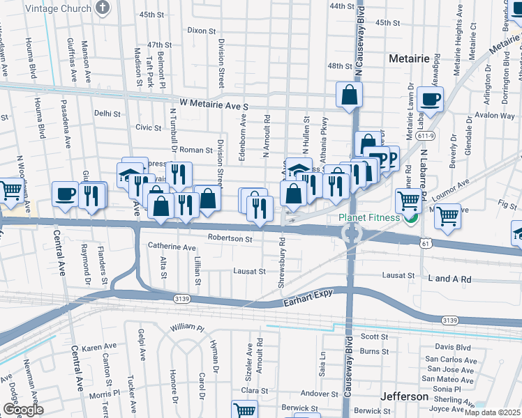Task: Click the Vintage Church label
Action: (58, 8)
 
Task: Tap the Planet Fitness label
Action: (370, 217)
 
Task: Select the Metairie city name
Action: (408, 59)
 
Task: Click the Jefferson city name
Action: (404, 396)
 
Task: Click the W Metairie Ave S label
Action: (214, 102)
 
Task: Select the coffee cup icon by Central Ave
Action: (66, 193)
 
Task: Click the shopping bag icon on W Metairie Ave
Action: (348, 95)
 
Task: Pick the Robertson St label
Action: (230, 238)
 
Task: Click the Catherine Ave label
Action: (172, 247)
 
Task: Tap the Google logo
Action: (23, 410)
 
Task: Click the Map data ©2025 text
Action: (493, 412)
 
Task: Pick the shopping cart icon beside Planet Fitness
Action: (408, 201)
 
